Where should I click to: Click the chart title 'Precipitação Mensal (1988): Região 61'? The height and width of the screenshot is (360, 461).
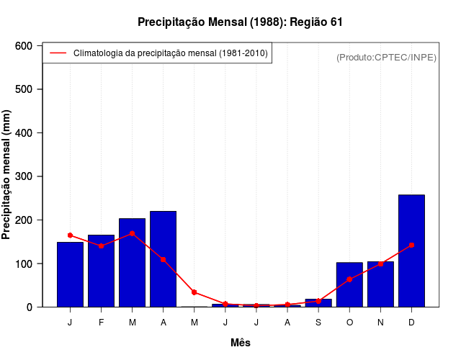tap(240, 22)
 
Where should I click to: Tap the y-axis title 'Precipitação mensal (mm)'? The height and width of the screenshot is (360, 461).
tap(7, 176)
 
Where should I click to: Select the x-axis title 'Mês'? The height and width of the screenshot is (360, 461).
tap(241, 343)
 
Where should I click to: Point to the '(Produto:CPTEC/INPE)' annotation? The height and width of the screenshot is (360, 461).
tap(386, 57)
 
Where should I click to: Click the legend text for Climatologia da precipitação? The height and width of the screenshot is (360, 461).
tap(171, 53)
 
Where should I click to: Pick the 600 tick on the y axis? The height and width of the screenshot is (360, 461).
tap(24, 46)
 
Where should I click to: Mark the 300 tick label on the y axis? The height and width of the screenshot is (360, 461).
tap(24, 176)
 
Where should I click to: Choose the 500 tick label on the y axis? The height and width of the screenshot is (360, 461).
tap(24, 89)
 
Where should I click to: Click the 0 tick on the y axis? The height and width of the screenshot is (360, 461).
tap(29, 307)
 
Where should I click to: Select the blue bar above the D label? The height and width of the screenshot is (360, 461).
tap(411, 251)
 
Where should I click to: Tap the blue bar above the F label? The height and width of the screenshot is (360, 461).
tap(101, 271)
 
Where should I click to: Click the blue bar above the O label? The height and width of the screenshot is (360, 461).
tap(349, 284)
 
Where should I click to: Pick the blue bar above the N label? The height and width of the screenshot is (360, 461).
tap(380, 284)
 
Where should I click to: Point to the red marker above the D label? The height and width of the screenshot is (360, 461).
tap(411, 246)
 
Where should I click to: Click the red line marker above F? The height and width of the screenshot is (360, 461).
tap(101, 246)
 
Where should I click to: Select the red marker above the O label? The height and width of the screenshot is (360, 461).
tap(349, 279)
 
